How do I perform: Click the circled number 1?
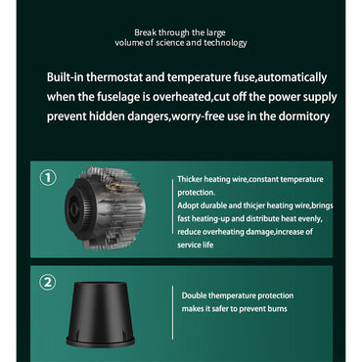click(48, 178)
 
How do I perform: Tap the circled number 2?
click(48, 282)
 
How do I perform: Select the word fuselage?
click(114, 97)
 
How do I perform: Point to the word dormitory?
click(303, 116)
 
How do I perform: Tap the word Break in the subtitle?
click(145, 32)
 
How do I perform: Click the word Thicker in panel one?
click(190, 179)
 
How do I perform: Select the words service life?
click(196, 245)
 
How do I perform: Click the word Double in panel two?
click(194, 295)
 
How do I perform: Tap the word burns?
click(277, 308)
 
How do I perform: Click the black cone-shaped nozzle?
click(101, 314)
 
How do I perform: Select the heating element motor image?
click(105, 208)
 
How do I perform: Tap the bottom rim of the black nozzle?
click(101, 342)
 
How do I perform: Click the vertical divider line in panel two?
click(172, 312)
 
